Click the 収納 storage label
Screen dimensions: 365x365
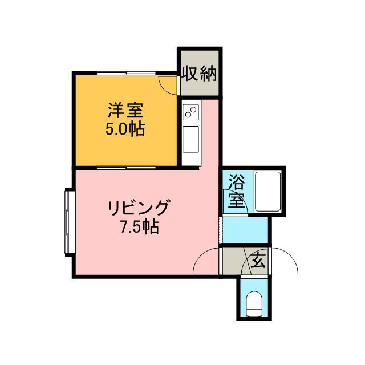tap(199, 74)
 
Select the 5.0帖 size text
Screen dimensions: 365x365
tap(124, 129)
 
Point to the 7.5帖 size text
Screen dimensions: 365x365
tap(139, 228)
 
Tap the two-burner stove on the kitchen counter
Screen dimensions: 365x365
tap(190, 112)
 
